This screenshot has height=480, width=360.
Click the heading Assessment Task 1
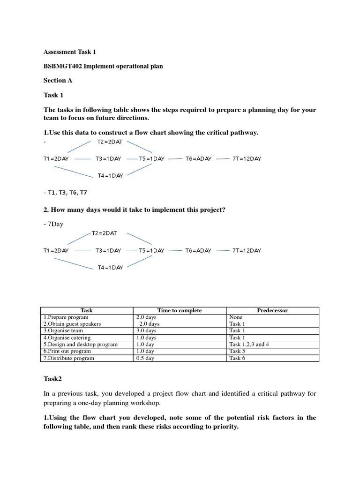(x=69, y=52)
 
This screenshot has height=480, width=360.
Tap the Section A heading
(x=58, y=80)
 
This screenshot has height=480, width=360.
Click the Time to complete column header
(x=180, y=310)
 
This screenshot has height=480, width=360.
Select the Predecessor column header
(x=272, y=310)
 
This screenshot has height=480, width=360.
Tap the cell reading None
(x=236, y=317)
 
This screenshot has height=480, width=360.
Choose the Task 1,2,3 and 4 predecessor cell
(x=249, y=344)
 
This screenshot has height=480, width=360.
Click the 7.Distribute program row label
(x=69, y=358)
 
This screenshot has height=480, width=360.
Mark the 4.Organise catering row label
(x=67, y=337)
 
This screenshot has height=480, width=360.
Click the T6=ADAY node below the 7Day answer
(x=198, y=251)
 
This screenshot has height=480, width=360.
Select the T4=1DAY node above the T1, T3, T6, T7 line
(x=110, y=176)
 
